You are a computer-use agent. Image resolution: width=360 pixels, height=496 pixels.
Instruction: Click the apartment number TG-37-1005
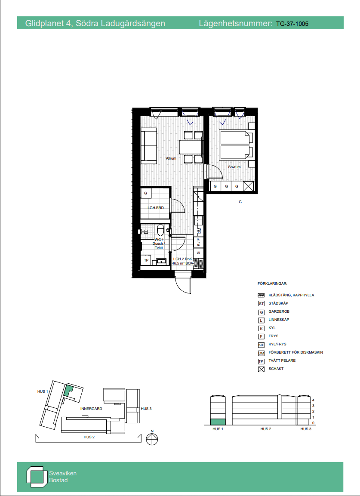point(292,23)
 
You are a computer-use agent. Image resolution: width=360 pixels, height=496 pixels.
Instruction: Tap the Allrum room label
point(171,158)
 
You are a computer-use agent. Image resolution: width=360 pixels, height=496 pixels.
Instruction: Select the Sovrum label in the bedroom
point(234,167)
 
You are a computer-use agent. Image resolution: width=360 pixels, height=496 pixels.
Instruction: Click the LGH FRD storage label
point(156,208)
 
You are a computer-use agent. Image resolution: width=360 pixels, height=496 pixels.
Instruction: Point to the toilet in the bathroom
point(161,229)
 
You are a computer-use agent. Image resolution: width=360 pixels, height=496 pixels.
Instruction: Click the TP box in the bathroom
point(146,260)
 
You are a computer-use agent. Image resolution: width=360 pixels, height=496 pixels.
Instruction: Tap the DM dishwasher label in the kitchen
point(199,231)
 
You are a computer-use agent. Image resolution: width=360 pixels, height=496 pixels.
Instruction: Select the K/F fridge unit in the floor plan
point(199,242)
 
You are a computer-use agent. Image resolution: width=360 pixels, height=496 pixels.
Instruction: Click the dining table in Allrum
point(191,147)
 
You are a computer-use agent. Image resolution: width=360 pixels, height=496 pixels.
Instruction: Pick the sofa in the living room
point(149,145)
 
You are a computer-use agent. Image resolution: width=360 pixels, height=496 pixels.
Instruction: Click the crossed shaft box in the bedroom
point(248,186)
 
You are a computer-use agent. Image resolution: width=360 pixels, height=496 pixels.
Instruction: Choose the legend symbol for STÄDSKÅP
point(262,304)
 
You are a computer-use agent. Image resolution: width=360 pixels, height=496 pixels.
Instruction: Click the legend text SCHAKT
point(276,369)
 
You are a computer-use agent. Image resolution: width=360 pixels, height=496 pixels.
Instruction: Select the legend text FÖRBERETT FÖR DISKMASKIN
point(296,352)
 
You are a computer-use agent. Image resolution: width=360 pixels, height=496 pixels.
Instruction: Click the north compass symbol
point(152,439)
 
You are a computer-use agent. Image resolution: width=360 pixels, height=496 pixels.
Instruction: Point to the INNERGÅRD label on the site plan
point(91,409)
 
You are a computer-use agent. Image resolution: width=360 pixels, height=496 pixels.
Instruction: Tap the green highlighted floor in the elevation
point(218,422)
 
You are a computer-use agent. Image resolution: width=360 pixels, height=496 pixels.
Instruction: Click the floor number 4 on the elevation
point(313,400)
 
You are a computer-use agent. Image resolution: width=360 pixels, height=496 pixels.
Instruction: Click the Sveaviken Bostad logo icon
point(35,477)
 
